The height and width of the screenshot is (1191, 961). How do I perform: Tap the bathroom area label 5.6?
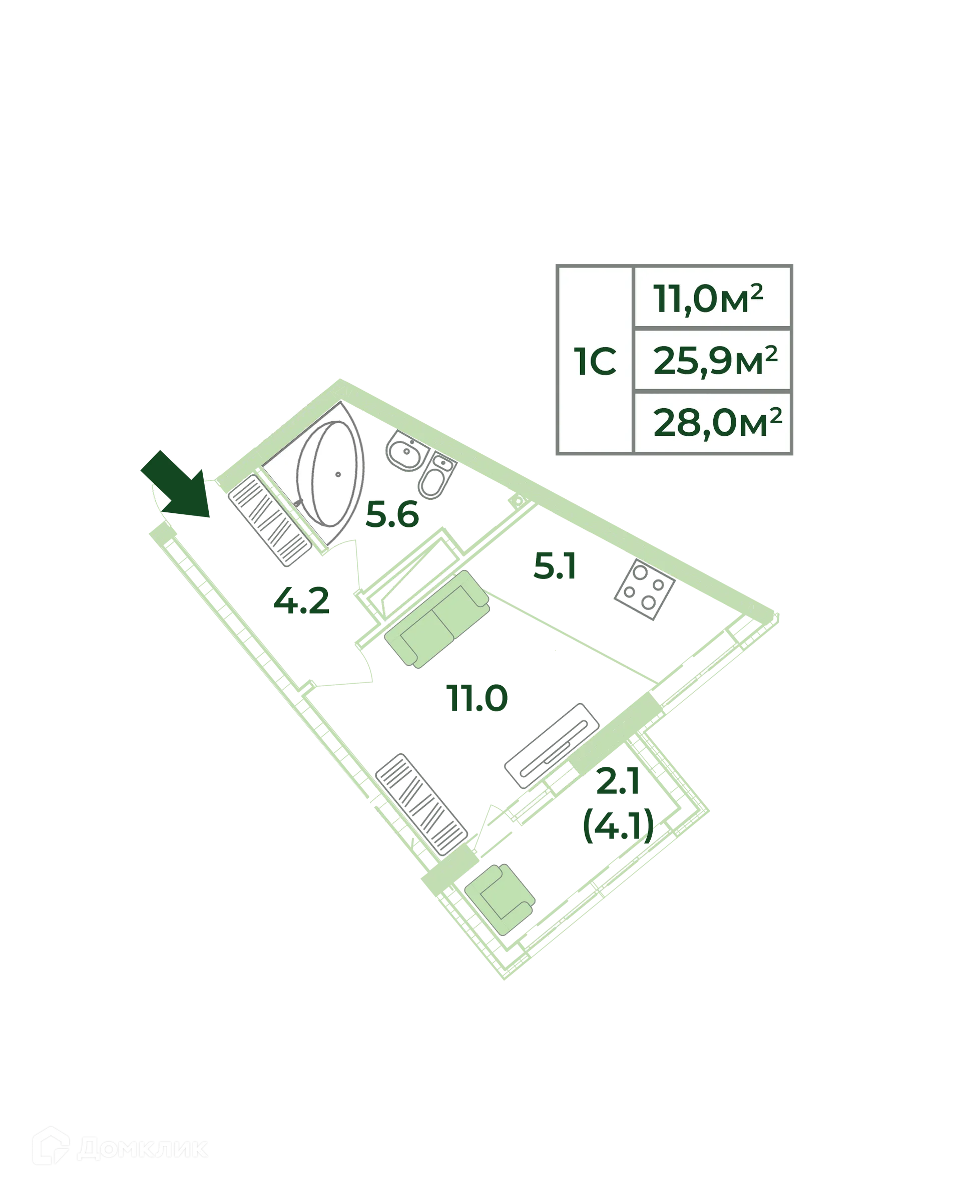(392, 515)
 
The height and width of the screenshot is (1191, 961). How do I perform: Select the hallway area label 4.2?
(301, 601)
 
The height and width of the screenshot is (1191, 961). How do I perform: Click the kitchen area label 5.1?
(555, 566)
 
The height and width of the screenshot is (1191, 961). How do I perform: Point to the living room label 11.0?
(476, 698)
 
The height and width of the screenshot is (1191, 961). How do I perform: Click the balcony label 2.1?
(618, 781)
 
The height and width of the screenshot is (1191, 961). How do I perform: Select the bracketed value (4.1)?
(618, 825)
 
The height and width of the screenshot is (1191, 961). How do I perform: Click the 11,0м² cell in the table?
(712, 297)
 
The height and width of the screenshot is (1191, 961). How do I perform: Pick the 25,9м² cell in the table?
(712, 360)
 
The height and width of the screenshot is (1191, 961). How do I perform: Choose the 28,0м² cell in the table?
(712, 422)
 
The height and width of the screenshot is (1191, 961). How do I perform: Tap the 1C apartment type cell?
(595, 360)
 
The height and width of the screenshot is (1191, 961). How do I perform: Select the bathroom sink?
(407, 450)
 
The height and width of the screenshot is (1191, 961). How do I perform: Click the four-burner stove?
(644, 589)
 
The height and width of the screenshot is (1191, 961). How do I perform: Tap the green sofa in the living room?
(437, 619)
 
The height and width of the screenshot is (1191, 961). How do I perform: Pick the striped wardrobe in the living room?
(421, 804)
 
